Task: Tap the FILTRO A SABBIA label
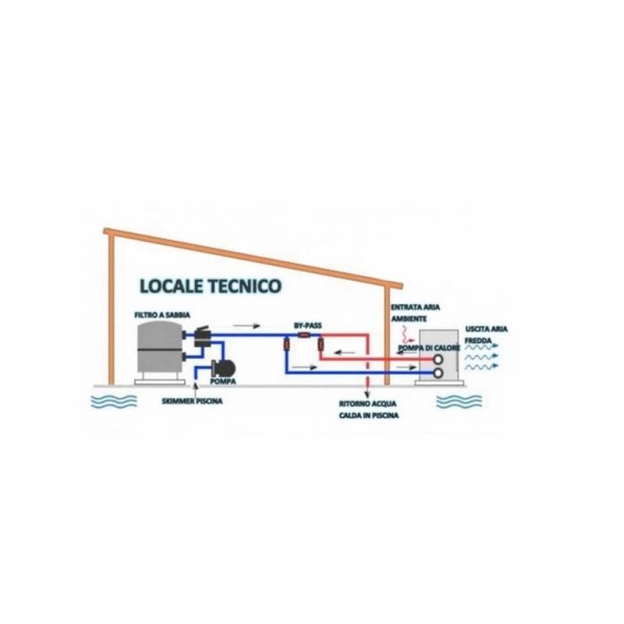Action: pos(162,315)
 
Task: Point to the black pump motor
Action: pos(224,367)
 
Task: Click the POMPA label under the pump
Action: pos(223,381)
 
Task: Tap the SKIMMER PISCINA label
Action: pos(192,401)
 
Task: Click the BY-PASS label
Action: pos(307,325)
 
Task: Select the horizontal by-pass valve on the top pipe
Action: pos(304,335)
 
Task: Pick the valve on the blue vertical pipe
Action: pos(286,345)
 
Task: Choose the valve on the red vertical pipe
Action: pos(320,344)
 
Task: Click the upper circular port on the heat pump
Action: pos(438,360)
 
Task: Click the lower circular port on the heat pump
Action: pos(438,373)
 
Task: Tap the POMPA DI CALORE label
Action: pos(429,348)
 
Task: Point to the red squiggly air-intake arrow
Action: pos(406,335)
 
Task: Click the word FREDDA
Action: pos(478,341)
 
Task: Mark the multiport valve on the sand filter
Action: pos(202,338)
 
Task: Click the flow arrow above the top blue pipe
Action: pos(246,326)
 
